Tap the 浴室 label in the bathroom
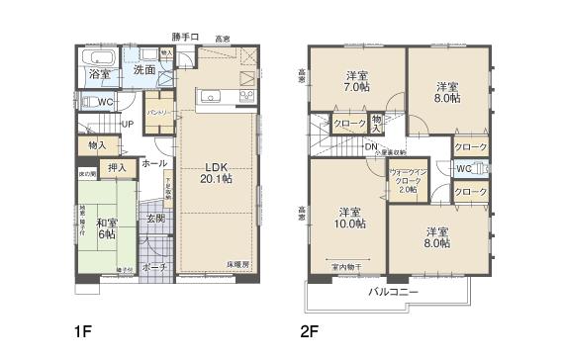tap(99, 74)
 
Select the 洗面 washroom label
tap(143, 70)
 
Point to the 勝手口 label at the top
tap(185, 38)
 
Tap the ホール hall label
tap(153, 163)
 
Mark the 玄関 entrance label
tap(156, 219)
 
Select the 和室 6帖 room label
tap(106, 227)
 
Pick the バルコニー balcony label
tap(394, 293)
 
